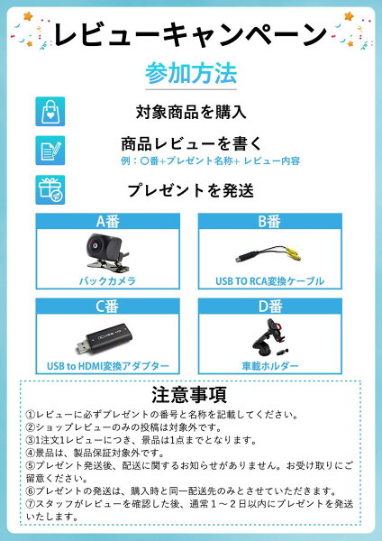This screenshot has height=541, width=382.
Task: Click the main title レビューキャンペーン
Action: pos(190,35)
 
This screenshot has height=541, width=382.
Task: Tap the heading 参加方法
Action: pos(190,72)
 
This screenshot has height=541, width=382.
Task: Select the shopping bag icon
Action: pos(50,111)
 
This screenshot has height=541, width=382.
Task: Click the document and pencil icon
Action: pos(50,150)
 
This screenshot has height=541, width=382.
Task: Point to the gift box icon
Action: pos(50,189)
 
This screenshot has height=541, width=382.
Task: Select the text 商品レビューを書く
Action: pos(191,143)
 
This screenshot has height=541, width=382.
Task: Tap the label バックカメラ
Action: pos(107,281)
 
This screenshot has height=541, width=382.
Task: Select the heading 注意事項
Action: pos(190,394)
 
